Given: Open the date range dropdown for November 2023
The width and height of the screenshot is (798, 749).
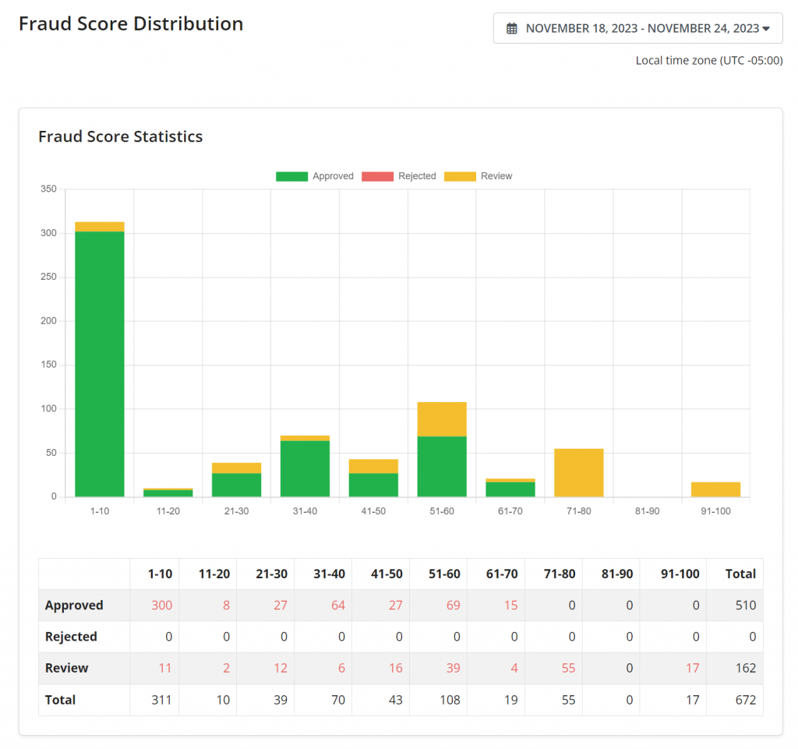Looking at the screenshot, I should click(637, 28).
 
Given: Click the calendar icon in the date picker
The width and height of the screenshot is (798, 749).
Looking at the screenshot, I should click(512, 29).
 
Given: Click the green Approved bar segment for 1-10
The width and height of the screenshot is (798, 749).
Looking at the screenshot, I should click(100, 363).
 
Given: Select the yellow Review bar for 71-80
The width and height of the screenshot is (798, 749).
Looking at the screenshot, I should click(579, 472).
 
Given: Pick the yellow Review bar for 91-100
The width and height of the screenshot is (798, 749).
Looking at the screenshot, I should click(715, 489).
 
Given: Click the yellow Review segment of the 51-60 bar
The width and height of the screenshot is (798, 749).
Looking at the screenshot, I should click(442, 419).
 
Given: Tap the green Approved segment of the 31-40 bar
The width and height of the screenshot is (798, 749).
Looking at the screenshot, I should click(305, 468).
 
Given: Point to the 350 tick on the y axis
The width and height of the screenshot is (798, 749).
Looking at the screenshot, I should click(48, 189).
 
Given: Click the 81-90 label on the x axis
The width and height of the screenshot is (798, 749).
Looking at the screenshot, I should click(647, 511).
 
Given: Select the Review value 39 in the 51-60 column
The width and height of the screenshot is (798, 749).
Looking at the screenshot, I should click(453, 668).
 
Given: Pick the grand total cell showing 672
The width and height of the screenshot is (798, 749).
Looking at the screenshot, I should click(745, 700).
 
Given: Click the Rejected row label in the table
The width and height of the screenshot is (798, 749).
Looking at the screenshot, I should click(71, 637).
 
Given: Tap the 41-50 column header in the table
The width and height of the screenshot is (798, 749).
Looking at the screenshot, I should click(386, 574).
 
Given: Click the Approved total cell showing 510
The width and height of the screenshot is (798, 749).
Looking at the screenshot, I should click(745, 606).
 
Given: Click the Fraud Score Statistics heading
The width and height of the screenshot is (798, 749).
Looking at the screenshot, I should click(121, 136).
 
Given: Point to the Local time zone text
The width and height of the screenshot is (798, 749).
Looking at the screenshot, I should click(708, 61).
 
